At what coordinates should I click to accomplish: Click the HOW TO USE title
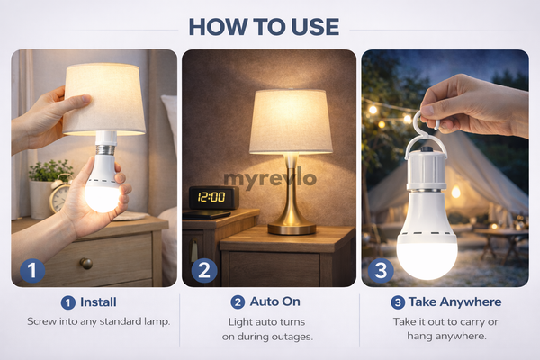(x=270, y=25)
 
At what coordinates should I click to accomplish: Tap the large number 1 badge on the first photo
(x=33, y=270)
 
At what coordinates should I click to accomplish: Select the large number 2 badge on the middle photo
(x=205, y=270)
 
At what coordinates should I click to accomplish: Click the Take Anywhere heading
(x=454, y=301)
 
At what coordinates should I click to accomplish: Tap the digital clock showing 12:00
(x=209, y=196)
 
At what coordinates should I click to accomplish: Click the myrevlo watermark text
(x=269, y=178)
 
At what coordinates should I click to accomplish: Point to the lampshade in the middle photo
(x=290, y=121)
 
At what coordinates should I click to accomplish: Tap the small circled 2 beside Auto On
(x=238, y=301)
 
